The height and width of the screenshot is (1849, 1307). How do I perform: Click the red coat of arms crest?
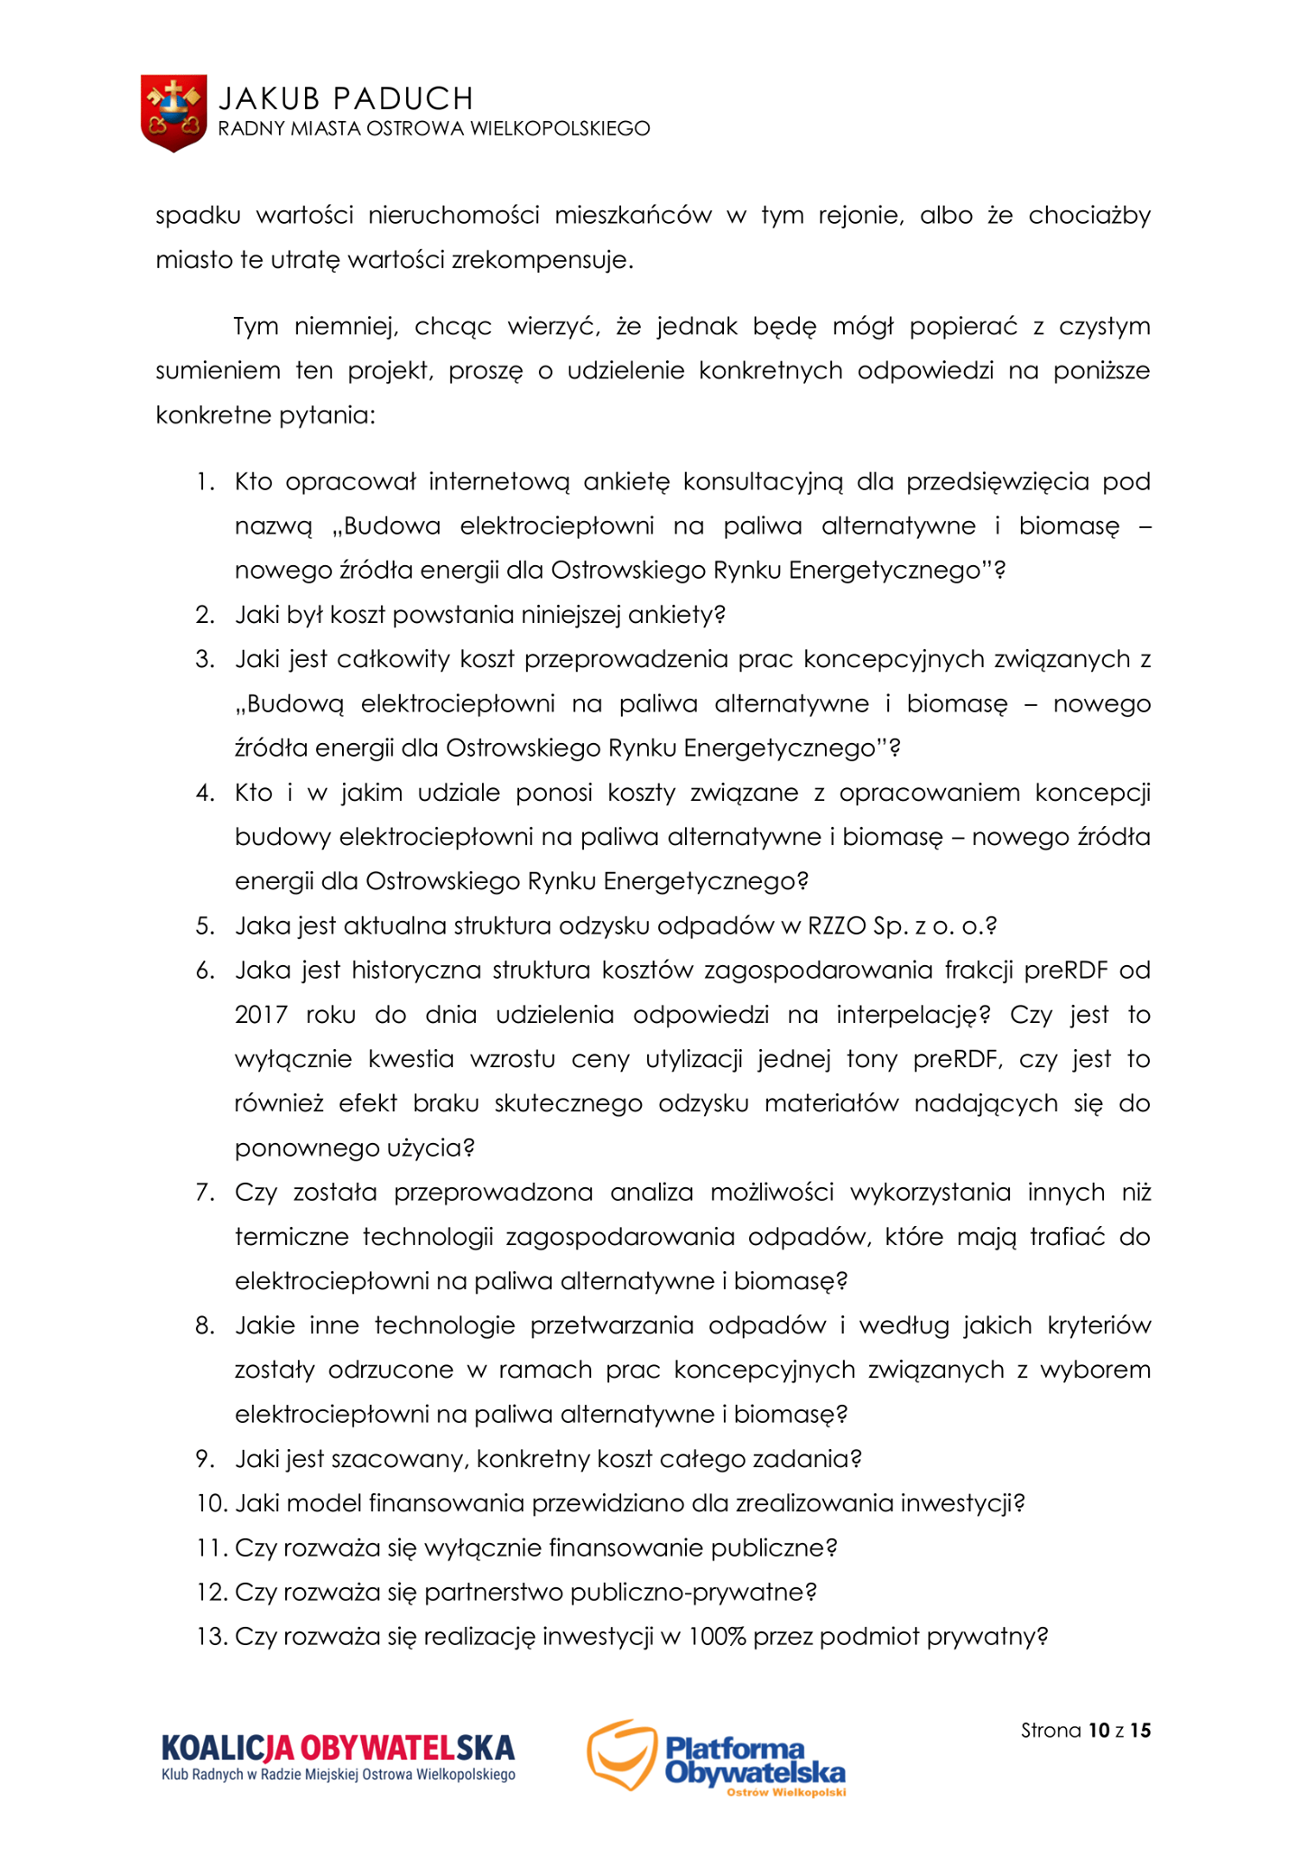[x=173, y=112]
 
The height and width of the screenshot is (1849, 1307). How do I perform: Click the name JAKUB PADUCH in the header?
[x=346, y=98]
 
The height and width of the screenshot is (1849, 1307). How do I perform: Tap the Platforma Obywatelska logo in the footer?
[x=717, y=1757]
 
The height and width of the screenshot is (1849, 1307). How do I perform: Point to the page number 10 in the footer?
[x=1098, y=1731]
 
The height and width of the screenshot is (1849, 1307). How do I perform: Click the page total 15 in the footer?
[x=1140, y=1731]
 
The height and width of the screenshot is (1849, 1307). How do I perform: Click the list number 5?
[x=205, y=926]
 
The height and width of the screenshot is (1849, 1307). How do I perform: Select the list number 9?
[x=205, y=1459]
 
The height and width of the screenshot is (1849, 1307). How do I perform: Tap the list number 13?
[x=210, y=1637]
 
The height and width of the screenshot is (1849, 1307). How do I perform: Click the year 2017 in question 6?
[x=261, y=1015]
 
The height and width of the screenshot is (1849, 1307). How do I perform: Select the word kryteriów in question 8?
[x=1098, y=1325]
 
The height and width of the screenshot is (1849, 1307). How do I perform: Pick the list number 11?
[x=210, y=1547]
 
